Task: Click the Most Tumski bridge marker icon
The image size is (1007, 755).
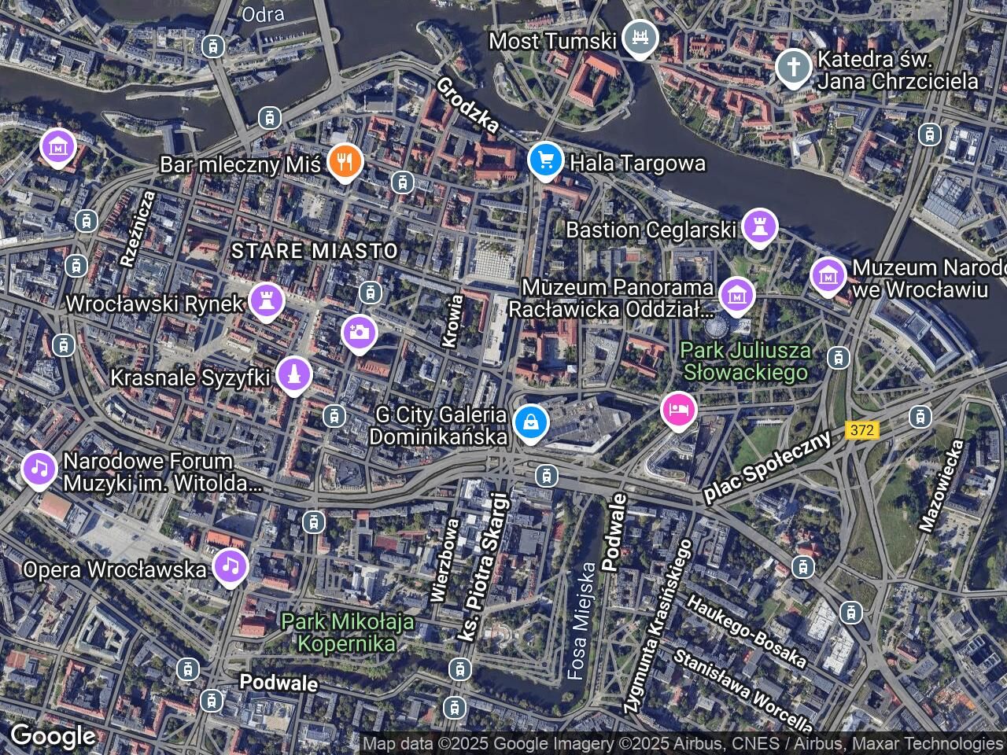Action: click(x=640, y=37)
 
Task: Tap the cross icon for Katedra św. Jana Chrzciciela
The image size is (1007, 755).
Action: click(x=794, y=68)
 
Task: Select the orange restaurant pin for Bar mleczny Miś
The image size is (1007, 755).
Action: click(x=344, y=162)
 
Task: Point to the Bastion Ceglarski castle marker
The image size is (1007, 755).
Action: click(x=759, y=226)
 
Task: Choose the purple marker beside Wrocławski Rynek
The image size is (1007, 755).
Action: click(x=266, y=300)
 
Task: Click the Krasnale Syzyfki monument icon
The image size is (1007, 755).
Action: click(x=294, y=375)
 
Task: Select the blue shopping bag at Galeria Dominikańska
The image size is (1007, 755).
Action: click(x=531, y=422)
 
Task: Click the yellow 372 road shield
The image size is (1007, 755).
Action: click(x=862, y=430)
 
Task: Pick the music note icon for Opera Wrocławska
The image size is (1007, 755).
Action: click(x=230, y=566)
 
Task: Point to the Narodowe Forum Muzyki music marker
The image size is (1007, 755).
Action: click(x=39, y=469)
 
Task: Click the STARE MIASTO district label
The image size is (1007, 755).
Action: click(x=315, y=251)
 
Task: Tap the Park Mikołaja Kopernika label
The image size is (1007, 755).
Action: click(x=348, y=632)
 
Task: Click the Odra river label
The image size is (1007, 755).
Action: click(x=263, y=13)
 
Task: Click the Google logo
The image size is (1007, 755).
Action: click(x=52, y=736)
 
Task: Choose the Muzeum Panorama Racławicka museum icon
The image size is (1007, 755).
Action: click(x=737, y=296)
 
